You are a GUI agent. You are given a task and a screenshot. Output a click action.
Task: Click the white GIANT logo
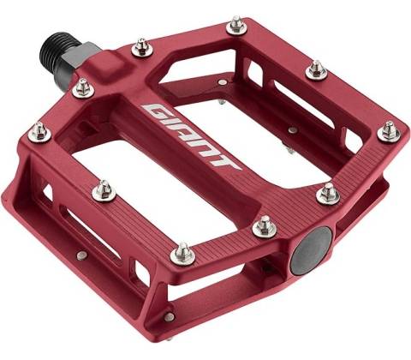click(191, 136)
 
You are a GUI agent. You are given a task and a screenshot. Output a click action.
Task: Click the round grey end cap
click(311, 251)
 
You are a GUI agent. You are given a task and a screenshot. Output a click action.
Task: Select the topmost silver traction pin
click(237, 26)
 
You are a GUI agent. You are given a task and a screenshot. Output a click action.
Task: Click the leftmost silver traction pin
click(39, 133)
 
